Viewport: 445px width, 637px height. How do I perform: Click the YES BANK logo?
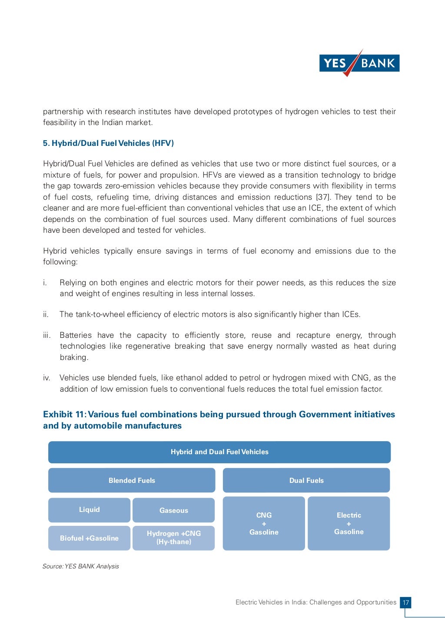(x=359, y=63)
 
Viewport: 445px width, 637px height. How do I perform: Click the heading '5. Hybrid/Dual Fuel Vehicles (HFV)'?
(x=108, y=143)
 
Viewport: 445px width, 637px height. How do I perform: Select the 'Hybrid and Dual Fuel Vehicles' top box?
(x=219, y=452)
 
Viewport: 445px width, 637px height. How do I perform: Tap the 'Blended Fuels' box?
(x=132, y=480)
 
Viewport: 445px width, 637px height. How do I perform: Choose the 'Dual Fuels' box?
(x=306, y=480)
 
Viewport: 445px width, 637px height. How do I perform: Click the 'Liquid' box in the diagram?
(x=89, y=510)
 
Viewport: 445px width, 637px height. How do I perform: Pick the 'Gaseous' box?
(x=173, y=510)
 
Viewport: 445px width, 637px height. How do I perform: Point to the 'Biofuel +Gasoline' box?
(x=89, y=538)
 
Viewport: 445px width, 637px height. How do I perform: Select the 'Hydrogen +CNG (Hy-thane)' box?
(x=173, y=538)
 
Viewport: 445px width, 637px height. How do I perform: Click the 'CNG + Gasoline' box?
(x=264, y=524)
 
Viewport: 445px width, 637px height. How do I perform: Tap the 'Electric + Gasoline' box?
(x=349, y=523)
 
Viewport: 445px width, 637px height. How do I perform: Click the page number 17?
(x=405, y=603)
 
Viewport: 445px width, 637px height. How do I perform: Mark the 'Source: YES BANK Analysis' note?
(x=81, y=566)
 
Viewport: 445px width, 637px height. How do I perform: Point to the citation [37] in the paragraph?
(x=322, y=197)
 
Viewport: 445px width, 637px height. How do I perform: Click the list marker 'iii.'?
(x=47, y=335)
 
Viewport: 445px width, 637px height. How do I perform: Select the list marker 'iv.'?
(x=47, y=378)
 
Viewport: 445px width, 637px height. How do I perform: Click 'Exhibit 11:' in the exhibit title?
(x=64, y=414)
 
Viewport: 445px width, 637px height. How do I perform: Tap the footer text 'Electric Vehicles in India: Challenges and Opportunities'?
(x=315, y=602)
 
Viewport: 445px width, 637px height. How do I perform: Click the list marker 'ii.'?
(x=46, y=314)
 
